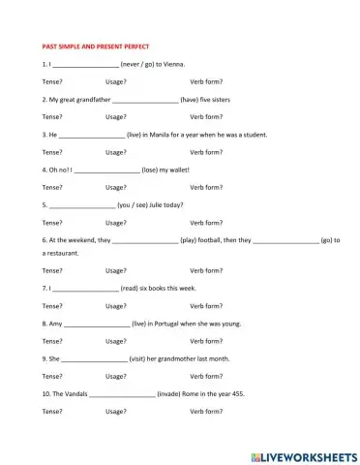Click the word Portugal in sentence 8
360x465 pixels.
pos(187,323)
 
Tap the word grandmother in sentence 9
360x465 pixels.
pos(182,358)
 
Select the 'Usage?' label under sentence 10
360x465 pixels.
pos(116,412)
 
